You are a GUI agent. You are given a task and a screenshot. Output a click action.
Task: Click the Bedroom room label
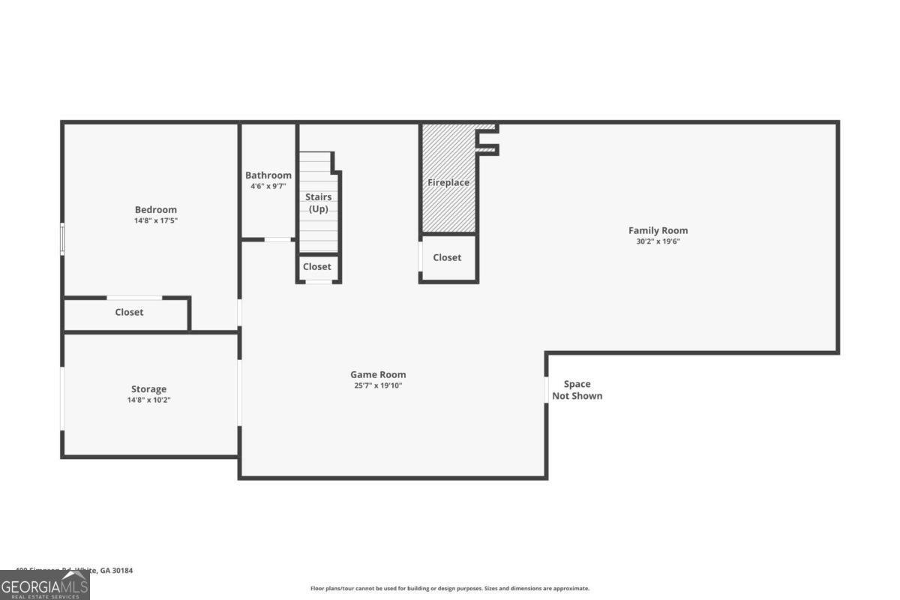click(156, 210)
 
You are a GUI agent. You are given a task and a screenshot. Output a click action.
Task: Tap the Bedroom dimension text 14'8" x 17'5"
click(156, 221)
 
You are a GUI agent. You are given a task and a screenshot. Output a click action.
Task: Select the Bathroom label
click(268, 175)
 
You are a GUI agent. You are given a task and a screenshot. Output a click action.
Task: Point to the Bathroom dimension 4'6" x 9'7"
click(268, 186)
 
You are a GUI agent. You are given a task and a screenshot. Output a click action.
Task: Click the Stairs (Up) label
click(319, 202)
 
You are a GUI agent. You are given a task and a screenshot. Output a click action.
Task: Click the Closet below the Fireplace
click(448, 257)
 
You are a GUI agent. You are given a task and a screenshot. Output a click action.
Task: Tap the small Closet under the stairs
click(317, 267)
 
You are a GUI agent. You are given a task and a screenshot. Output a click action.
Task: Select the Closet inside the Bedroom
click(129, 312)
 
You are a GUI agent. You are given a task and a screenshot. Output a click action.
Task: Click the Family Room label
click(658, 231)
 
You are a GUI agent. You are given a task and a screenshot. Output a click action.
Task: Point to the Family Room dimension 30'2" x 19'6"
click(658, 241)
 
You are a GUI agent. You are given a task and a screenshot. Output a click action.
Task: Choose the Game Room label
click(378, 375)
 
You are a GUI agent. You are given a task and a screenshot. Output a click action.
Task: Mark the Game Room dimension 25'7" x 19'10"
click(378, 385)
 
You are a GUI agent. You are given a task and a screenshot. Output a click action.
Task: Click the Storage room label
click(149, 389)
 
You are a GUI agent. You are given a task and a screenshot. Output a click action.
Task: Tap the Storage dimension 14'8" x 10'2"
click(149, 400)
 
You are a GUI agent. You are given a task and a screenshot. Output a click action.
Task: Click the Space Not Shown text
click(577, 390)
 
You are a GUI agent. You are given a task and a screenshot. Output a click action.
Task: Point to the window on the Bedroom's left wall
click(63, 239)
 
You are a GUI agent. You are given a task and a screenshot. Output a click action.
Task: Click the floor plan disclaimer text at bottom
click(450, 589)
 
